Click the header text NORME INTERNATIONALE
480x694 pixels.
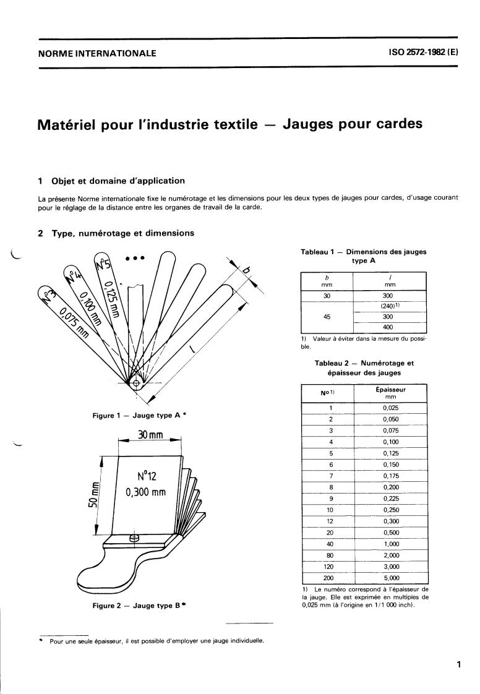point(96,53)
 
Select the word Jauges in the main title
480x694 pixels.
point(318,124)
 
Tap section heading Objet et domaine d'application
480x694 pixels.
point(118,181)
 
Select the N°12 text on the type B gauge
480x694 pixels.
point(148,477)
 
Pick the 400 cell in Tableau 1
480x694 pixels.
point(388,327)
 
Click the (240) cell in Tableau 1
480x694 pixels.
point(388,305)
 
